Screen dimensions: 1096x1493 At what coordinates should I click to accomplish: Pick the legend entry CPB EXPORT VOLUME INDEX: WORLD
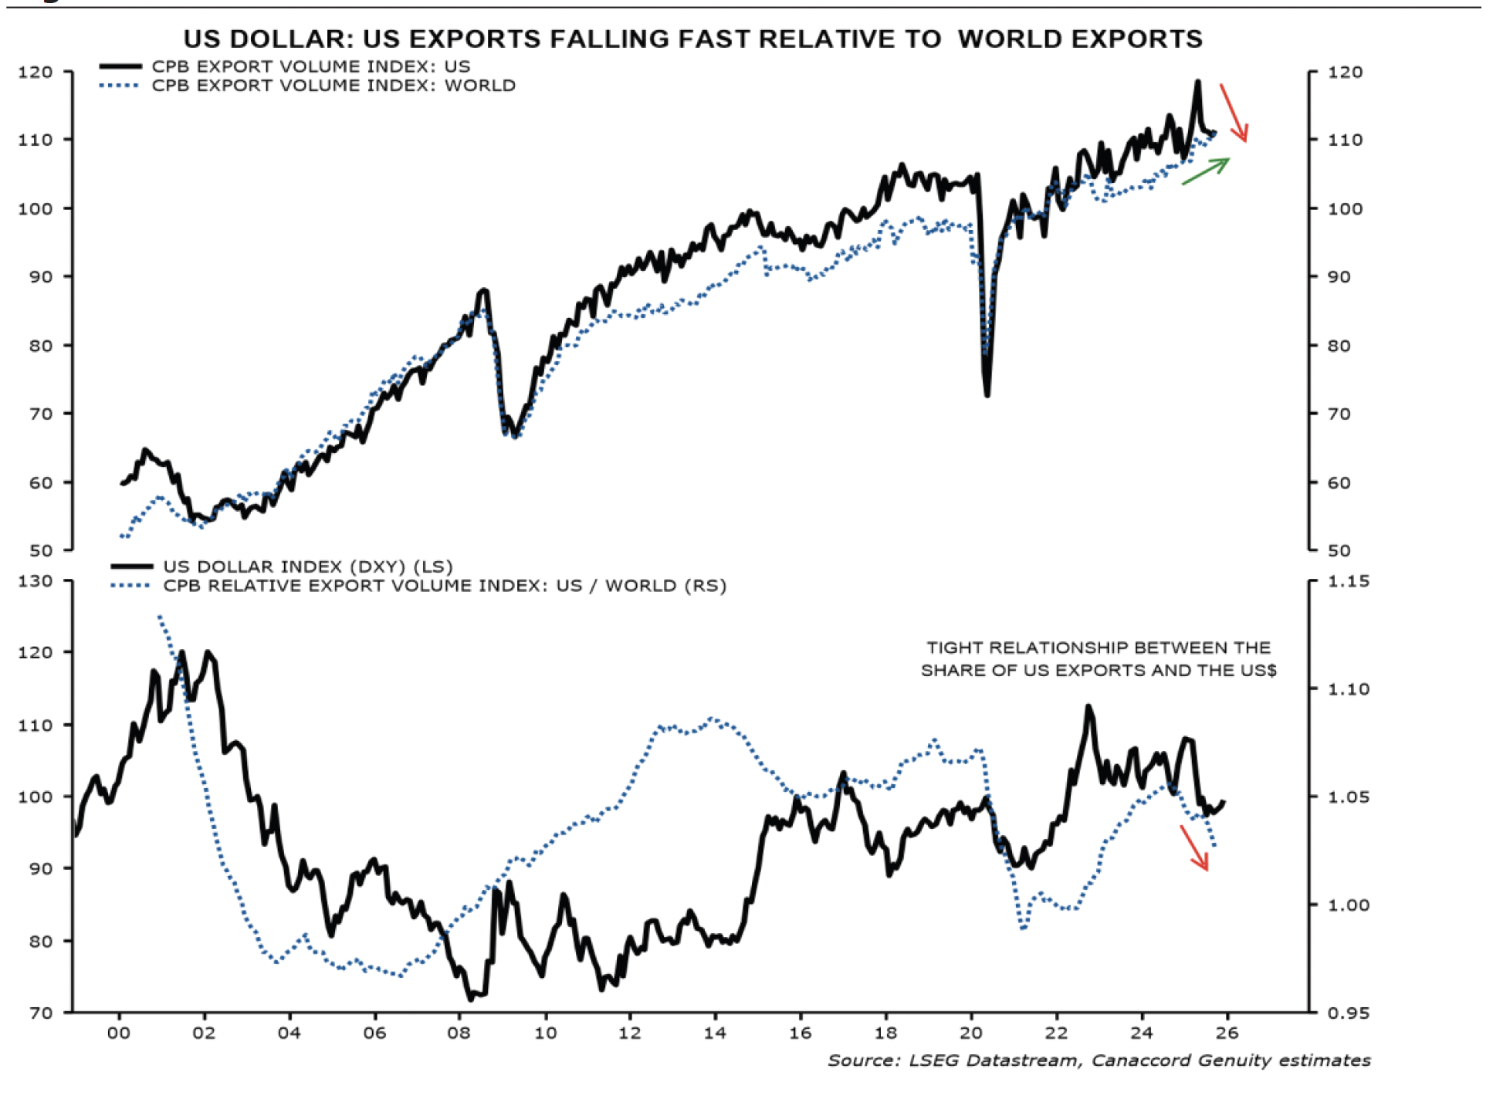click(333, 86)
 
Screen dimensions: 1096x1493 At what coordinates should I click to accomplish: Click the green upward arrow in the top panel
click(1206, 171)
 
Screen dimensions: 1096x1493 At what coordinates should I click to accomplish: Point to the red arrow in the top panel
click(1233, 113)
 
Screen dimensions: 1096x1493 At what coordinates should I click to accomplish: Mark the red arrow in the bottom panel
click(1194, 847)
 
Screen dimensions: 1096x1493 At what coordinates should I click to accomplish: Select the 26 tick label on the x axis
click(1227, 1033)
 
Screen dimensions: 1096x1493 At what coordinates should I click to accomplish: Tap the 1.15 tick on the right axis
click(1348, 581)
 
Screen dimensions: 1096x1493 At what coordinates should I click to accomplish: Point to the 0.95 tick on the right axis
click(1348, 1013)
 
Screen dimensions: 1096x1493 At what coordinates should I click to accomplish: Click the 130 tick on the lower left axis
click(36, 581)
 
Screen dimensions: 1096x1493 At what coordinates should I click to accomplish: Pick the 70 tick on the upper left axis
click(40, 414)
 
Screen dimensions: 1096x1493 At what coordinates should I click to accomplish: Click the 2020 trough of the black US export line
click(987, 394)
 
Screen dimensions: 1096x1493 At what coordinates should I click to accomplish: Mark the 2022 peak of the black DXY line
click(1088, 706)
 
